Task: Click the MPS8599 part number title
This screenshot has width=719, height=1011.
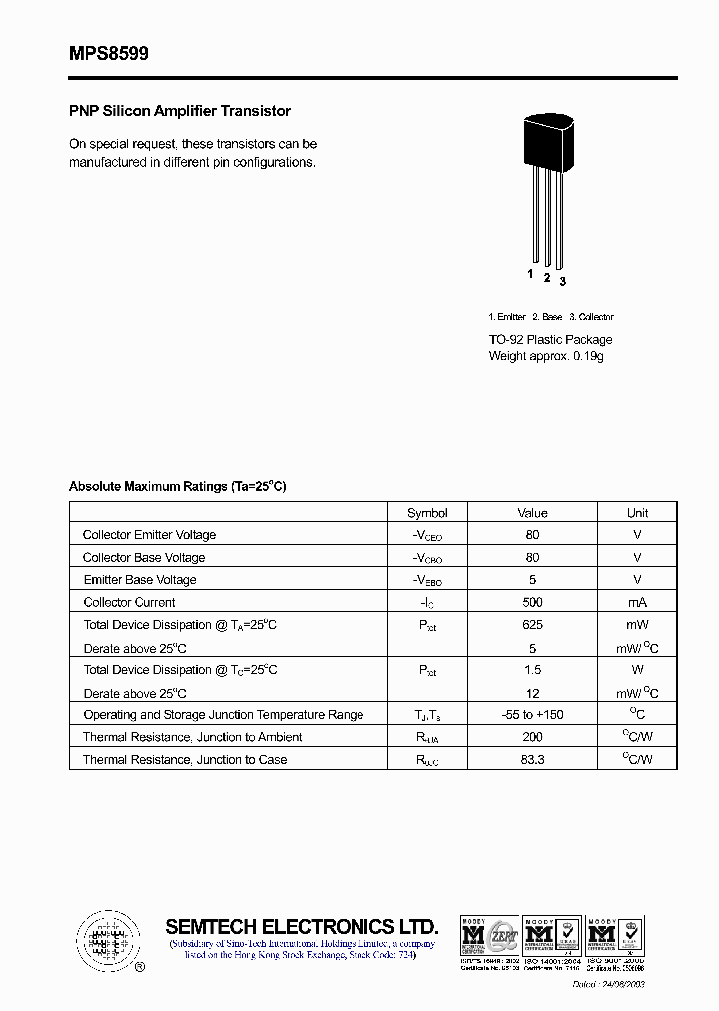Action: click(x=109, y=55)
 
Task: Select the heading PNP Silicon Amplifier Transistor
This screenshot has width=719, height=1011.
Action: click(x=180, y=111)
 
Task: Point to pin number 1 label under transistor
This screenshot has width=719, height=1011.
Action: click(x=530, y=273)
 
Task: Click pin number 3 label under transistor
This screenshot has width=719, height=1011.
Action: click(x=563, y=281)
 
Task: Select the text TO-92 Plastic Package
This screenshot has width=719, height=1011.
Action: click(x=550, y=340)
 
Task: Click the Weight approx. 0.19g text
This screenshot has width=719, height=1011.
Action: click(x=546, y=356)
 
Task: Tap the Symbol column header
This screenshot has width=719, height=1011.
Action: click(x=427, y=513)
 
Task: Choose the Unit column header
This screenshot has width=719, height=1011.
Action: click(x=637, y=513)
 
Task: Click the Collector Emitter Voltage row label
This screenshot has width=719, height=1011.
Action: click(x=149, y=535)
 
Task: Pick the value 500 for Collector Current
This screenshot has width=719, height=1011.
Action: click(x=532, y=603)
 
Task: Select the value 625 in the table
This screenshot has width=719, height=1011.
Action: click(x=532, y=625)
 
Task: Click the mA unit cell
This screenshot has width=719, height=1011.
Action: click(x=637, y=603)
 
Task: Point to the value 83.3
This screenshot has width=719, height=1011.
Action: click(x=532, y=760)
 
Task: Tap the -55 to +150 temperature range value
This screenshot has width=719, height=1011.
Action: click(x=532, y=715)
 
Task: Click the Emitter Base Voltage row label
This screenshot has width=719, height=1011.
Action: click(x=140, y=580)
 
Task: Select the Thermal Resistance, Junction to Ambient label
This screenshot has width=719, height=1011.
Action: click(x=193, y=737)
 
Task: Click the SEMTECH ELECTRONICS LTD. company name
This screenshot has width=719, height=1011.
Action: click(x=302, y=926)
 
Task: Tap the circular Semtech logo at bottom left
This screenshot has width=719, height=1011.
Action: click(x=105, y=940)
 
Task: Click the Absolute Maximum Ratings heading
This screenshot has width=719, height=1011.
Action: click(x=178, y=486)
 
